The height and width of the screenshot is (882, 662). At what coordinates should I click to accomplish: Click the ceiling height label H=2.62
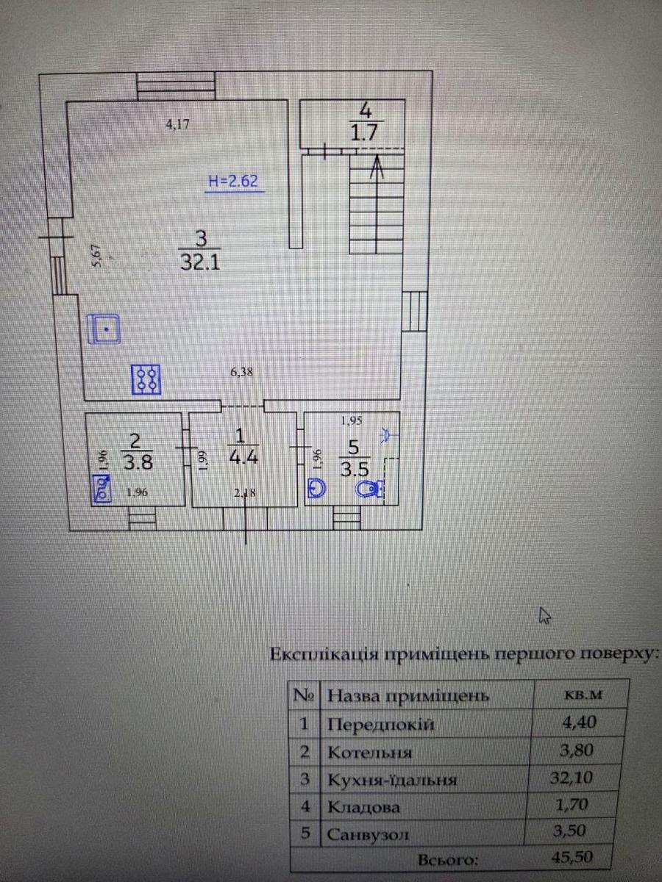coord(233,182)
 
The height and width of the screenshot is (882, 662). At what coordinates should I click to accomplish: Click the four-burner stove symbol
coord(147,379)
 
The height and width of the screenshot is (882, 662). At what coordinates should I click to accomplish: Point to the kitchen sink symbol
coord(104,329)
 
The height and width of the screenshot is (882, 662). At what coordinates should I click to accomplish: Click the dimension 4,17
coord(178,124)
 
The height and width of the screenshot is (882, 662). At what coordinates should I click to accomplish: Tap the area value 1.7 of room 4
coord(366,134)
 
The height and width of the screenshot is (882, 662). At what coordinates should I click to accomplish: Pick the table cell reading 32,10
coord(577,778)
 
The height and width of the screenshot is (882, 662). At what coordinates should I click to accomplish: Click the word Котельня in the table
coord(370,752)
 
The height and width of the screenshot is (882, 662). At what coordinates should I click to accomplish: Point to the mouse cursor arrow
coord(545,616)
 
